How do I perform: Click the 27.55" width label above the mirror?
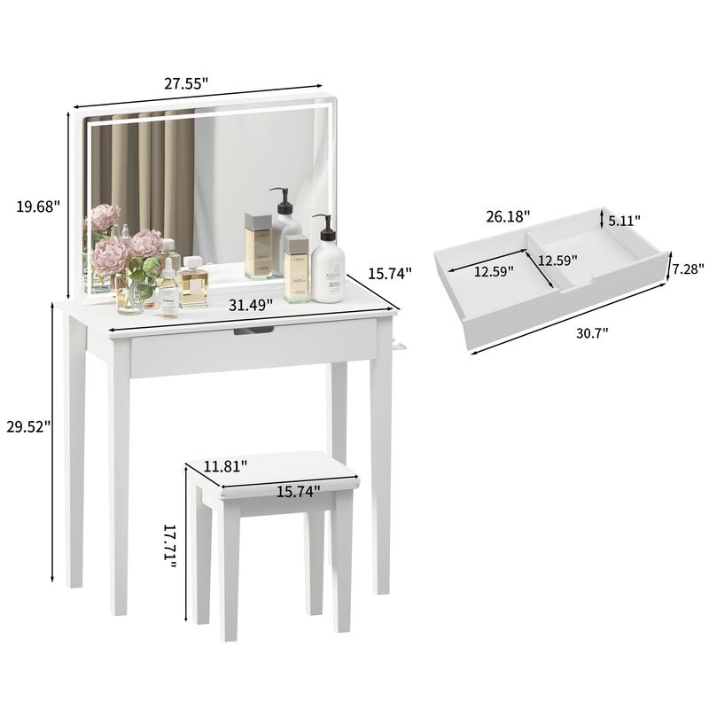click(186, 84)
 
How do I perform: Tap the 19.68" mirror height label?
click(38, 206)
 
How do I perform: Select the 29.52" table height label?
click(27, 425)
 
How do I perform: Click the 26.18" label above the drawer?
click(508, 215)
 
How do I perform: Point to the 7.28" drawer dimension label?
click(688, 269)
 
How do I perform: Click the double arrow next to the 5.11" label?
click(603, 219)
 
